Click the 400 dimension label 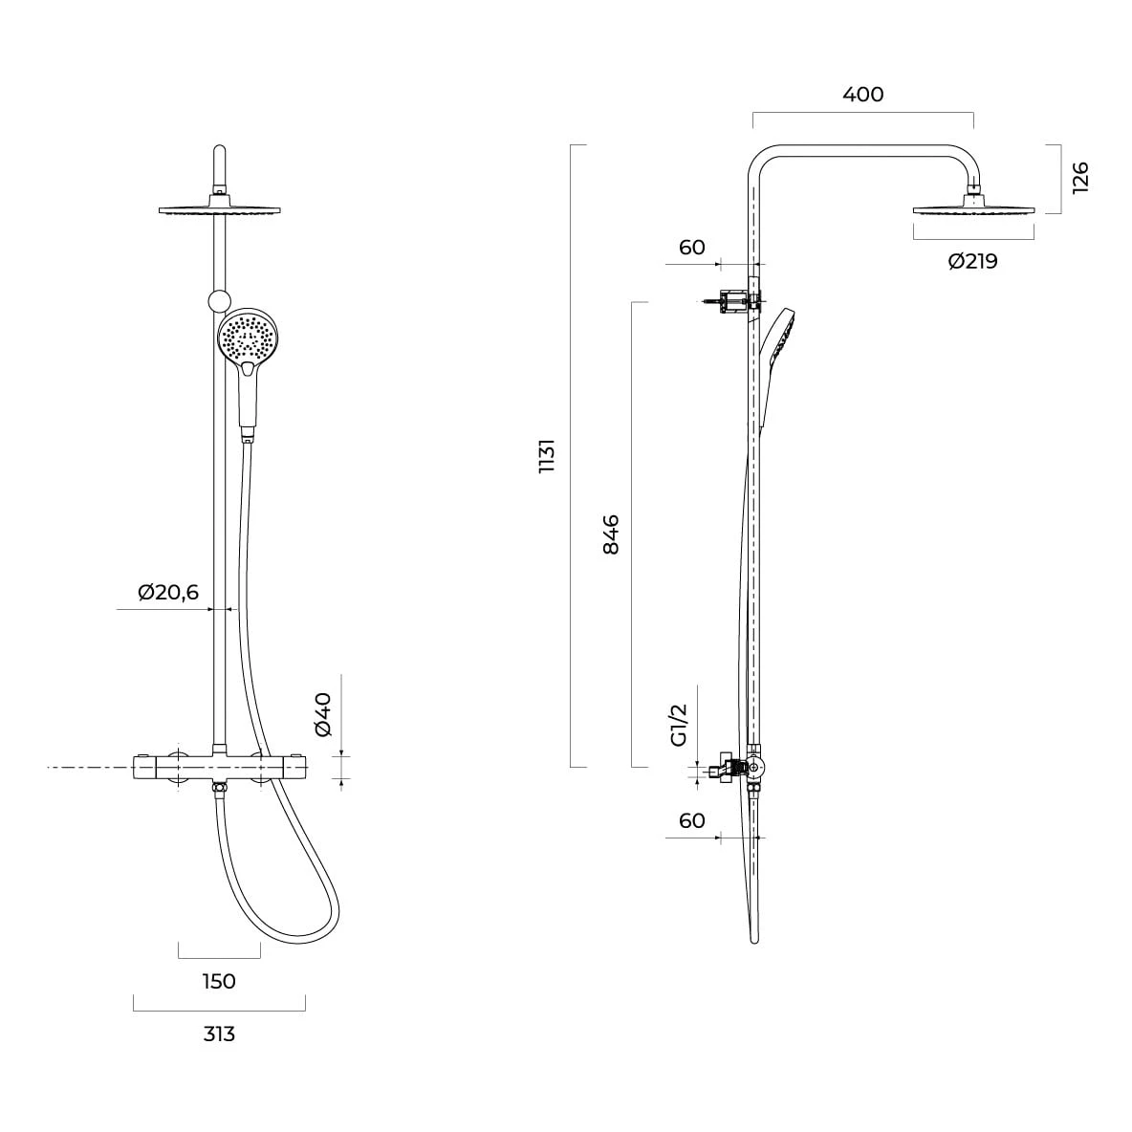pos(862,94)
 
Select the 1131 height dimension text pos(547,455)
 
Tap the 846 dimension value pos(611,534)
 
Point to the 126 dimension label pos(1080,178)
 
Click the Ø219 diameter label pos(972,261)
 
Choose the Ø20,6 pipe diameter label pos(168,593)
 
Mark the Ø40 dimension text pos(323,714)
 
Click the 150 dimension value pos(219,981)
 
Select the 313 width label pos(219,1034)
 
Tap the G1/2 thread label pos(680,725)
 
